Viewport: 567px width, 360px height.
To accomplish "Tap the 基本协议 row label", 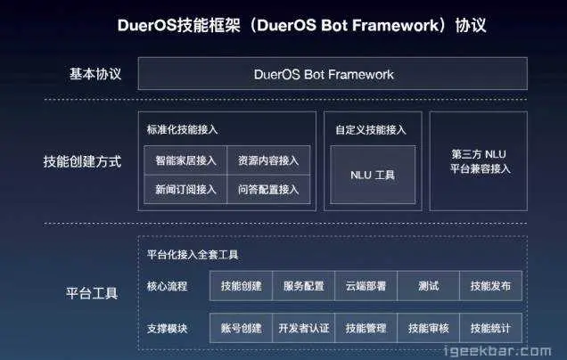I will coord(94,74).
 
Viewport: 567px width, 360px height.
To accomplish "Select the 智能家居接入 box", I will coord(185,161).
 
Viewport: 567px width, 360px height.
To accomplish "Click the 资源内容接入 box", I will coord(268,161).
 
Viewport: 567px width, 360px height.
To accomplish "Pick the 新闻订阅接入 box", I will coord(185,189).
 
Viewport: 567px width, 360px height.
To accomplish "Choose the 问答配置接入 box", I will coord(268,189).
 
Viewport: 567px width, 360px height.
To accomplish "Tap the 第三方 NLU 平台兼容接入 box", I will coord(479,161).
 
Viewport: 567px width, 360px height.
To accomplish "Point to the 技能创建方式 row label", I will coord(81,162).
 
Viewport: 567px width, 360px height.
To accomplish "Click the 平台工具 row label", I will coord(92,292).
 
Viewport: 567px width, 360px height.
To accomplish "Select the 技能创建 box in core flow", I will coord(241,286).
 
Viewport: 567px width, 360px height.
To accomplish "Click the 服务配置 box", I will coord(303,286).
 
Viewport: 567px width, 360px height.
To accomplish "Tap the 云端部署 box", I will coord(366,286).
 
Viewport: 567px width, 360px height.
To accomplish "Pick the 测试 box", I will coord(428,286).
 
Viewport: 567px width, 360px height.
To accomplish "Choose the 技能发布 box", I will coord(490,286).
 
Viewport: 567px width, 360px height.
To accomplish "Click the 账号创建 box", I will coord(241,328).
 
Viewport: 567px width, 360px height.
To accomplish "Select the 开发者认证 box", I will coord(303,328).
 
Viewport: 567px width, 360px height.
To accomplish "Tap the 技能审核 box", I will coord(428,328).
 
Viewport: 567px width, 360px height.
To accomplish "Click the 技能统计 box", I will coord(490,328).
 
